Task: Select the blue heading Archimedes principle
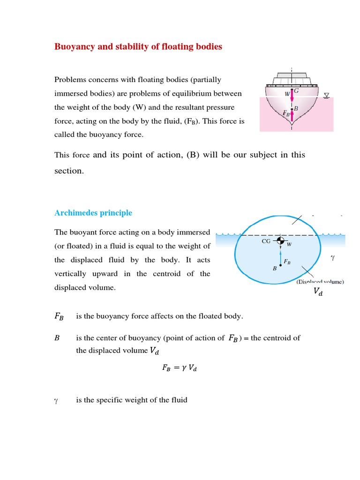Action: click(93, 213)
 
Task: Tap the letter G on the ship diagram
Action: click(296, 90)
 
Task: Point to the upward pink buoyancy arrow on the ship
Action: click(292, 115)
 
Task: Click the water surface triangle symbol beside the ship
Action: click(326, 96)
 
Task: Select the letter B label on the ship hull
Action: click(296, 109)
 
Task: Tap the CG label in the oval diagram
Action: click(266, 241)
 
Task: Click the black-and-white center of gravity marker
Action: click(280, 240)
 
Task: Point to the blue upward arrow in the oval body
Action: click(280, 257)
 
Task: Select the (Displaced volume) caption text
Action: click(320, 282)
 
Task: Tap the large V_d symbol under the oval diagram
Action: click(318, 292)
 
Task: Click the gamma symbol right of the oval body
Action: click(333, 257)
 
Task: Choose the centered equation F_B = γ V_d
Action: click(180, 368)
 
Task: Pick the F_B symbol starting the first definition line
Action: click(60, 316)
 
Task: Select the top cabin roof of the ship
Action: click(292, 75)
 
